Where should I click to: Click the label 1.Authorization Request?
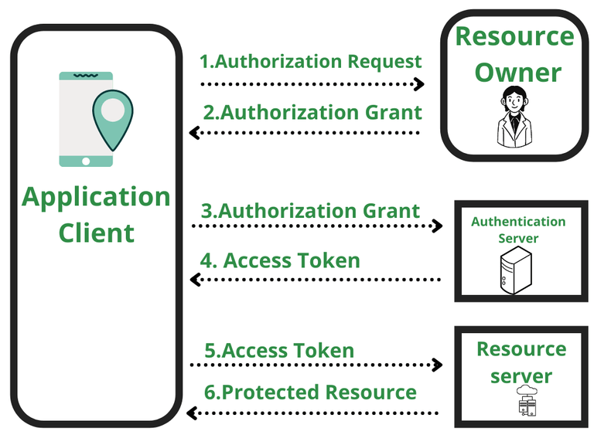pos(311,62)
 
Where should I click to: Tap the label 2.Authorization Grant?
pos(312,112)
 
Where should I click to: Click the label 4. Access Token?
pos(280,260)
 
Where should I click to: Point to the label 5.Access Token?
pos(279,350)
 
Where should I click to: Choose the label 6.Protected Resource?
pos(310,392)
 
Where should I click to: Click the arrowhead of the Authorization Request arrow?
pos(420,84)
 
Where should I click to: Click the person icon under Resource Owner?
pos(514,116)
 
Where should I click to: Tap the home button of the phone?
pos(86,161)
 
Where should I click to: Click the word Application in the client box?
pos(96,197)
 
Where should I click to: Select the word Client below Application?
pos(96,233)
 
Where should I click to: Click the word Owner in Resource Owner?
pos(517,73)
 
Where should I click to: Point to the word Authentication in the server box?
pos(518,222)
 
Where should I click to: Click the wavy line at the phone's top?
pos(86,75)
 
